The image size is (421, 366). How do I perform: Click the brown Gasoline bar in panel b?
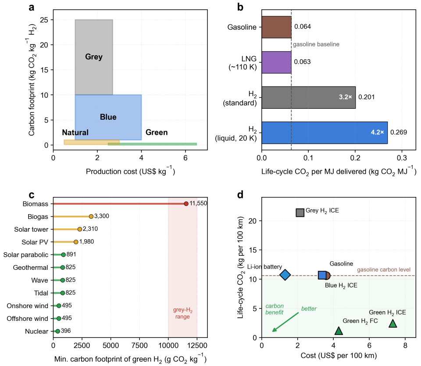pos(276,27)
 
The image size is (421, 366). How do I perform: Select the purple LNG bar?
pos(276,62)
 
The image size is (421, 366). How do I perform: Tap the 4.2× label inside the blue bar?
pos(377,132)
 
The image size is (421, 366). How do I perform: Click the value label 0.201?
pos(366,97)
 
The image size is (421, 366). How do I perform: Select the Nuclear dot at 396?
pos(57,331)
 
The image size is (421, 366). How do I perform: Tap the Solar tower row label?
pos(31,229)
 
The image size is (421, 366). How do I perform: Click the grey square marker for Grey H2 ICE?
pos(300,212)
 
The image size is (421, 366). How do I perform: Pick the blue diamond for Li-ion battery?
pos(285,275)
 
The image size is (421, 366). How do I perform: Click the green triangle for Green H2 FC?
pos(339,331)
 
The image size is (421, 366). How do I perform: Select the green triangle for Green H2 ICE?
pos(392,323)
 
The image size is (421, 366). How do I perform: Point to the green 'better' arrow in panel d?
pos(285,322)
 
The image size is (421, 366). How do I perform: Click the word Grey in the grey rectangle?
pos(94,57)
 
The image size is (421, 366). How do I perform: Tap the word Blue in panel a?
pos(108,117)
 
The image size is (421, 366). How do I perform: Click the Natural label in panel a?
pos(75,133)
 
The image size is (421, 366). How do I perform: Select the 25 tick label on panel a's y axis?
pos(45,20)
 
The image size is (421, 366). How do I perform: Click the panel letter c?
pos(32,195)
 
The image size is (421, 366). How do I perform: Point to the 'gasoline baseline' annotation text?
pos(316,44)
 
